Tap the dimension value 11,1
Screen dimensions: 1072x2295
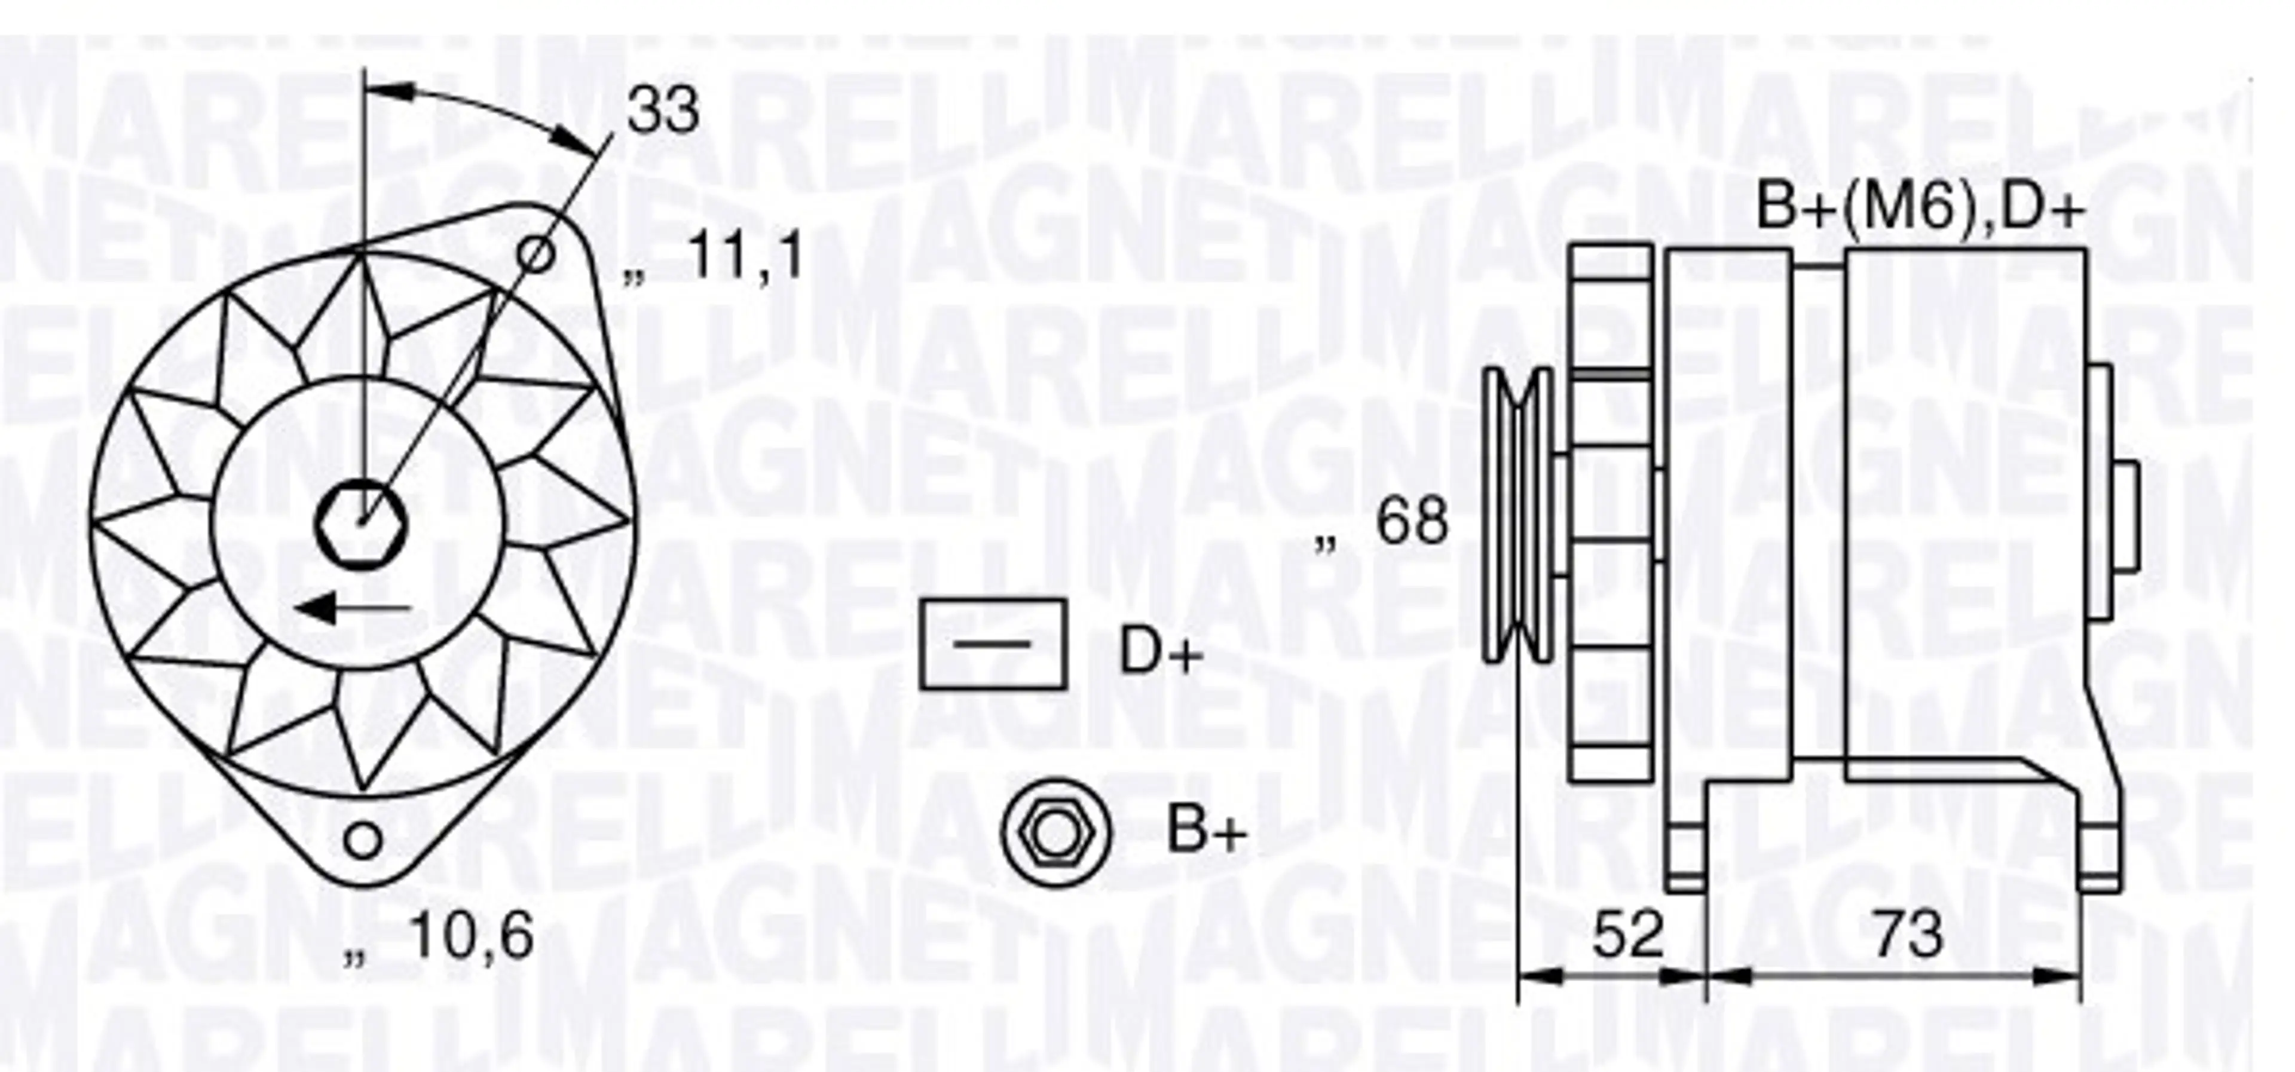(x=746, y=256)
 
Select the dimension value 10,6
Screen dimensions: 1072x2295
(x=472, y=936)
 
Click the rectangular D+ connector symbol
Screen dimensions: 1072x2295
(x=993, y=644)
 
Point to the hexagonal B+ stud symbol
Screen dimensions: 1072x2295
(x=1055, y=831)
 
